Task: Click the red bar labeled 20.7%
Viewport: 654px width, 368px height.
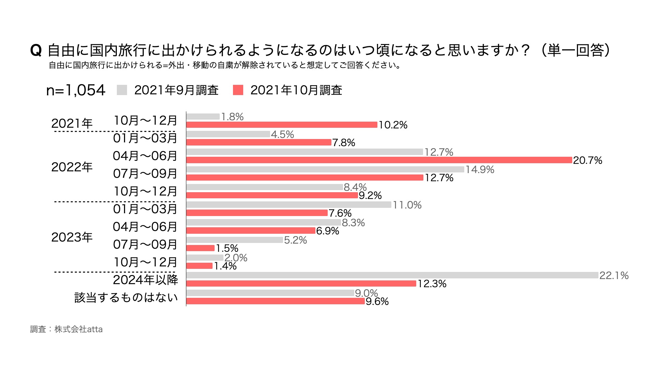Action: pos(379,160)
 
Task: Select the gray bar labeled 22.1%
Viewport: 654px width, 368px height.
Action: pos(392,275)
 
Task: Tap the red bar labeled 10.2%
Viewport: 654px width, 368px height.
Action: pos(282,125)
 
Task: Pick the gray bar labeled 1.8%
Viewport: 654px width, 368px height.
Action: pos(203,117)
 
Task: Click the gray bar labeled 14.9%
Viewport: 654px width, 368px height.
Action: pos(325,169)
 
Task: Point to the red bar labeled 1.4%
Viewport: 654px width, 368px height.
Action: pos(199,266)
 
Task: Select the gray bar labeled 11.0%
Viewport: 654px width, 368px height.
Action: pos(289,205)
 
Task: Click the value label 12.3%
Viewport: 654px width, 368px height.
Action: pos(432,283)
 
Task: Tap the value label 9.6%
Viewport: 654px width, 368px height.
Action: pos(377,301)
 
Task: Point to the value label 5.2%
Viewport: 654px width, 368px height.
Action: pos(295,240)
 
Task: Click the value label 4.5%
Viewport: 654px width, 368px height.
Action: pos(282,134)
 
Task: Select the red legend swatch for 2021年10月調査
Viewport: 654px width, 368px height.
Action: pos(238,90)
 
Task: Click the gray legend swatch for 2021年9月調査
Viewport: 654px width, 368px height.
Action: pos(122,90)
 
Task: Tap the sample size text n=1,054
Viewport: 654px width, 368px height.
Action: pos(76,90)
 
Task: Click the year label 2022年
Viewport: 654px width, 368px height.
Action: pos(72,167)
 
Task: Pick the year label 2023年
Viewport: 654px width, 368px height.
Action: pos(72,237)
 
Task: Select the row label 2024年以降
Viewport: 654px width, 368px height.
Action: pos(145,280)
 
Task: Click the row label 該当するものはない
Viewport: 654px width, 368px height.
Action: pos(126,297)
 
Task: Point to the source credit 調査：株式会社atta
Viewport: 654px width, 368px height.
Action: pos(66,329)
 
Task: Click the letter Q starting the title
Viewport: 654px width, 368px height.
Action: pos(36,51)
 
